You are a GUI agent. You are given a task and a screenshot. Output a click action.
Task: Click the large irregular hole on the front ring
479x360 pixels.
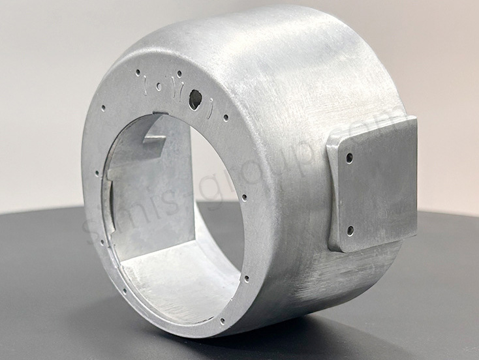point(194,99)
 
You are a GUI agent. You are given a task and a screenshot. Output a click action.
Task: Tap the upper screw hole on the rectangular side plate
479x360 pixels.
point(350,157)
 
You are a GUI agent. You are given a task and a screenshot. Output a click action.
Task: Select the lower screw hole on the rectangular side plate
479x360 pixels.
point(350,230)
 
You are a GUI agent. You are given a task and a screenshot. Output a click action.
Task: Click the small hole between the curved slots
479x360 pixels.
point(159,85)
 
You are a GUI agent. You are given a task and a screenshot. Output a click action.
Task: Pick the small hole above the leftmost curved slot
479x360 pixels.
point(138,72)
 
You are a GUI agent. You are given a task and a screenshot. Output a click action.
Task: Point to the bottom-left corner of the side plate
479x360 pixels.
point(334,247)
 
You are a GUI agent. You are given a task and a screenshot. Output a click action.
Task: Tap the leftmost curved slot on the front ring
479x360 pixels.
point(144,84)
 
